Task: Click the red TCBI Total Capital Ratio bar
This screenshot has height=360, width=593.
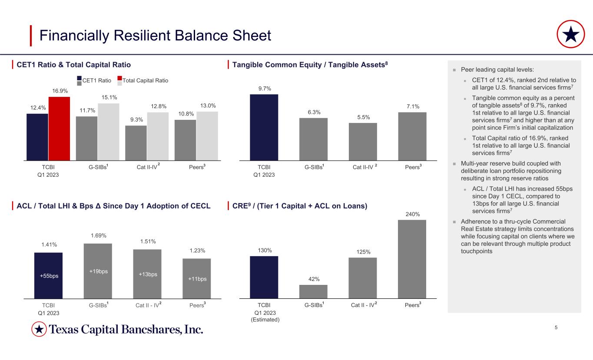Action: tap(59, 129)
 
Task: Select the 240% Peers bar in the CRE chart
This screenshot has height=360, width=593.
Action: tap(412, 259)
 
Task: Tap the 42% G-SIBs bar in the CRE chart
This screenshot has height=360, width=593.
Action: tap(313, 291)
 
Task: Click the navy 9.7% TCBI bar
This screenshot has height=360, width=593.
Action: tap(264, 127)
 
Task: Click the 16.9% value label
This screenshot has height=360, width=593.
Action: tap(59, 91)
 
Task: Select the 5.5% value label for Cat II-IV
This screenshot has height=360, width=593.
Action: tap(363, 117)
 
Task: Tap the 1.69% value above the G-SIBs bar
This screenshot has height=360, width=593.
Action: tap(98, 236)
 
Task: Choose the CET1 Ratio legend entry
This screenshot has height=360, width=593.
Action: tap(96, 80)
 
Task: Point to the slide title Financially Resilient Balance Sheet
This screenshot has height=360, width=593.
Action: tap(155, 36)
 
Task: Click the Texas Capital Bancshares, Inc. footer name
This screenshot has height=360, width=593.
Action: tap(126, 330)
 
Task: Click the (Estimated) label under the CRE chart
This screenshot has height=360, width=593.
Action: tap(265, 320)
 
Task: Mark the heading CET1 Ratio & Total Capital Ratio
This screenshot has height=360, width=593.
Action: tap(73, 65)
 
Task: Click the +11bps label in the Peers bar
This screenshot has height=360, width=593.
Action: tap(197, 279)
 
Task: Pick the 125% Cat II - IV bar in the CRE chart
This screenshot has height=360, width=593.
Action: tap(363, 278)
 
